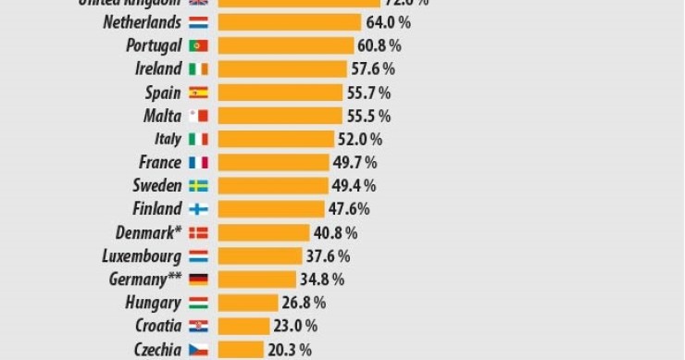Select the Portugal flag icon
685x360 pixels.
click(198, 45)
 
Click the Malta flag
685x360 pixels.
click(198, 116)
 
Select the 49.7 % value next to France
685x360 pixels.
click(355, 162)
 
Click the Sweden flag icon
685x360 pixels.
click(198, 185)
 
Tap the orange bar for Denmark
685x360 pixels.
click(263, 232)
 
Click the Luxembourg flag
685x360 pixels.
click(198, 255)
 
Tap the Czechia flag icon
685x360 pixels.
click(198, 349)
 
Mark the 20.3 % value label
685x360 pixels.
click(291, 349)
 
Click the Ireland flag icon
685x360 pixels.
click(198, 68)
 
